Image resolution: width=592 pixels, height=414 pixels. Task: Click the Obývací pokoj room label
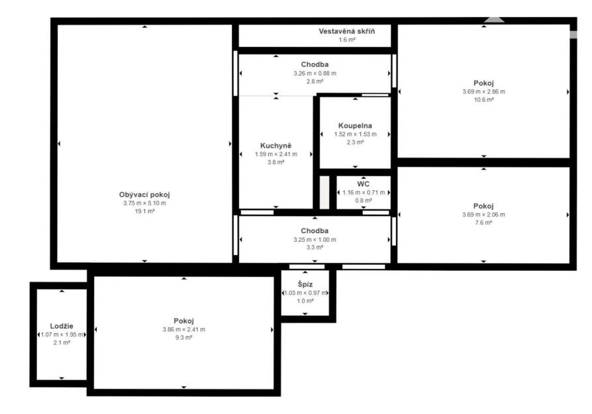(x=144, y=195)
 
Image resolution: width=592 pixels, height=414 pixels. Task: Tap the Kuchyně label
(x=275, y=146)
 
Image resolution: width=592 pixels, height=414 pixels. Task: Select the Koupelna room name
(x=355, y=126)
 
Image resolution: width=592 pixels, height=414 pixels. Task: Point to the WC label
(x=363, y=184)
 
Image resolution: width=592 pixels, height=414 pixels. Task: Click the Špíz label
(x=305, y=284)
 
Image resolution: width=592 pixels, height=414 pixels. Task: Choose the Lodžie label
(x=62, y=326)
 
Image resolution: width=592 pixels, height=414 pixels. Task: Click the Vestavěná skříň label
(x=346, y=31)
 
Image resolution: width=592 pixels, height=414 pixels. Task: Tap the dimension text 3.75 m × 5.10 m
(x=144, y=203)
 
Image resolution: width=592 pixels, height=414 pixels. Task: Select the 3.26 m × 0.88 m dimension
(x=315, y=74)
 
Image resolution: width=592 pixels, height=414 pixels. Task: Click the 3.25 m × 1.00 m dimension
(x=315, y=240)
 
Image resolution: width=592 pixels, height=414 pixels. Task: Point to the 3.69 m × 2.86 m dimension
(x=483, y=91)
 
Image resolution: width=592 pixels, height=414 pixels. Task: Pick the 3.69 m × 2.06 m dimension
(x=483, y=215)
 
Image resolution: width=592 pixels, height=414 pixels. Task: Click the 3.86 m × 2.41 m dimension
(x=184, y=329)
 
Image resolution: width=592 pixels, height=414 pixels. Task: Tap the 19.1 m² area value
(x=144, y=211)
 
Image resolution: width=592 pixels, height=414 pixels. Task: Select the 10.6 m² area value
(x=483, y=100)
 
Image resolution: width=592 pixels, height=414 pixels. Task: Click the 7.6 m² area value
(x=483, y=223)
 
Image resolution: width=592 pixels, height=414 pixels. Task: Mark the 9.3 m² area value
(x=184, y=337)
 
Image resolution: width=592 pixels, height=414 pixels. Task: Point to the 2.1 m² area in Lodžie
(x=62, y=342)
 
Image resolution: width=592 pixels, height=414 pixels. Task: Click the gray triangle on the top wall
(x=494, y=20)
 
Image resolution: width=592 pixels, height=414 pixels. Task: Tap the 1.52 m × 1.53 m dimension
(x=356, y=134)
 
